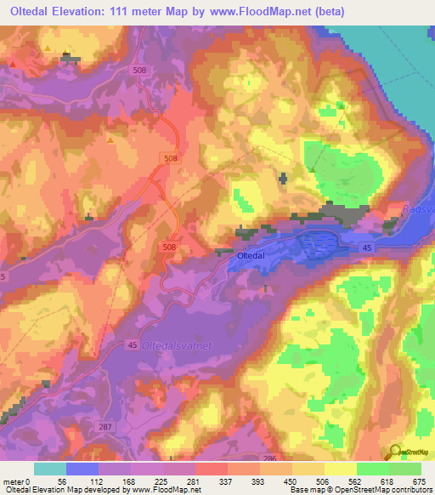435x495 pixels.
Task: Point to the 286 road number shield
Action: [x=269, y=458]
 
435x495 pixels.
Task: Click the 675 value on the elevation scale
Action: [x=416, y=480]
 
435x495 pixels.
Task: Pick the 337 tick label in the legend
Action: [x=224, y=480]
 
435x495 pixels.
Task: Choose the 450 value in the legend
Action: [x=289, y=480]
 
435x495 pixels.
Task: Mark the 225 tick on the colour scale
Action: [x=160, y=480]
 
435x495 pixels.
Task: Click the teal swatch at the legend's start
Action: [x=49, y=469]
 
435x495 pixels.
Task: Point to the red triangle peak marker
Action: [x=14, y=64]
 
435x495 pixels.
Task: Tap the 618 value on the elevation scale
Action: [x=384, y=480]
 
